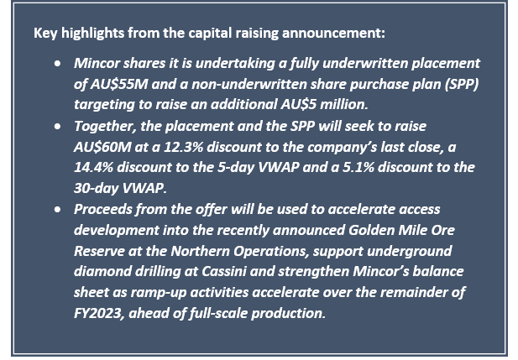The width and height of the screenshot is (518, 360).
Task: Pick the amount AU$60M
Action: [x=102, y=147]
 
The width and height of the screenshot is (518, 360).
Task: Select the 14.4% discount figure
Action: [x=93, y=168]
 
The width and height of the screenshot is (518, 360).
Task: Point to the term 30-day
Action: [x=97, y=188]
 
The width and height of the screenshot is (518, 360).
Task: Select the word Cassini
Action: [x=224, y=272]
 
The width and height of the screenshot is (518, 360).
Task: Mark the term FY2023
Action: [x=99, y=313]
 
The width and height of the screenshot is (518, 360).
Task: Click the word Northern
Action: [x=201, y=251]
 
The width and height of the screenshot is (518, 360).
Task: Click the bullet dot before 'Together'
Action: [x=57, y=127]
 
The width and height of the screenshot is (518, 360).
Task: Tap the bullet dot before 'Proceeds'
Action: [x=57, y=210]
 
